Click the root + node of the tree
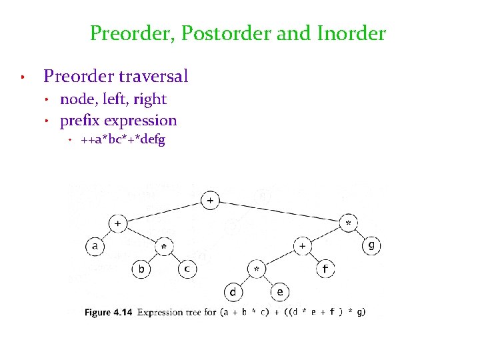[x=211, y=200]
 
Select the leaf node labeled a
[x=95, y=246]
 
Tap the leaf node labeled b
[x=141, y=269]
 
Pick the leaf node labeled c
[x=187, y=269]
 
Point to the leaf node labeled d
[x=233, y=292]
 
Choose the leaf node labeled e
[x=279, y=292]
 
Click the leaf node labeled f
[x=326, y=269]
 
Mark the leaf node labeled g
[x=372, y=246]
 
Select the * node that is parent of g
[x=349, y=223]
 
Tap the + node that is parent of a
[x=118, y=223]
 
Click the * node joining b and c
[x=164, y=247]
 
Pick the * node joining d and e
[x=257, y=269]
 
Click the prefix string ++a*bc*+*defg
[x=123, y=140]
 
